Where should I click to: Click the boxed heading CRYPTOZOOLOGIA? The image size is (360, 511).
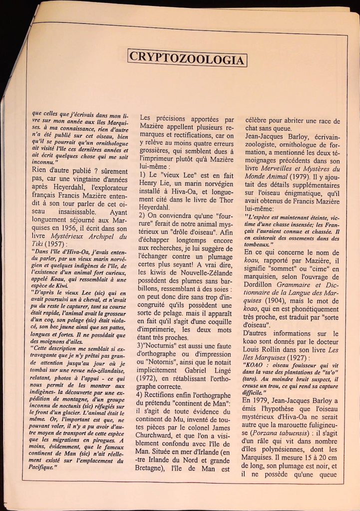187,58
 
